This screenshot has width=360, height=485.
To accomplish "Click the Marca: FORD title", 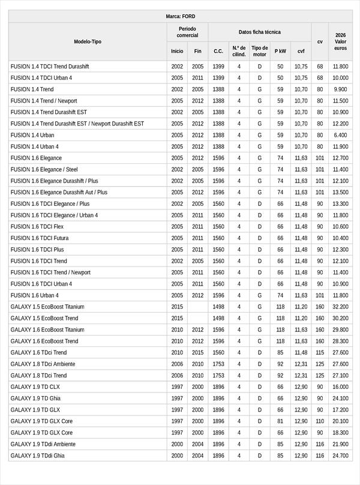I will click(x=180, y=16).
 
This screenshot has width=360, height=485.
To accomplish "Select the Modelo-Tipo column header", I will click(x=88, y=41).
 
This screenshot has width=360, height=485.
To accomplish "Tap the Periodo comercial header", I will click(x=187, y=32).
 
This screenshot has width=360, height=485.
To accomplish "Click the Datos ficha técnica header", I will click(x=259, y=32).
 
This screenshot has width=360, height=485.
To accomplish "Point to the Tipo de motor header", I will click(x=260, y=51).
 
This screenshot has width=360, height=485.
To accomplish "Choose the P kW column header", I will click(x=280, y=51).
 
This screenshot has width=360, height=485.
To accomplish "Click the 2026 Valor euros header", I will click(x=341, y=41).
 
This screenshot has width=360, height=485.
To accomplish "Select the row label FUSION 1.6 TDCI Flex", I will click(x=37, y=227).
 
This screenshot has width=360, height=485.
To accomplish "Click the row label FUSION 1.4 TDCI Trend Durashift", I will click(x=50, y=67).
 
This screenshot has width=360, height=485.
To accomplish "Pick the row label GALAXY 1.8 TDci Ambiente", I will click(x=43, y=364).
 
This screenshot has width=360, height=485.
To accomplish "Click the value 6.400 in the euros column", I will click(x=341, y=135).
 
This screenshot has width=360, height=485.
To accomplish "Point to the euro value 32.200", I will click(x=341, y=307).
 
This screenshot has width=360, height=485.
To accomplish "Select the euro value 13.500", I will click(x=341, y=193).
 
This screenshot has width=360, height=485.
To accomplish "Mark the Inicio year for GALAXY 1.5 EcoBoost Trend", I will click(x=177, y=318).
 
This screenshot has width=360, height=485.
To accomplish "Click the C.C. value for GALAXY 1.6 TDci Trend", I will click(x=218, y=352).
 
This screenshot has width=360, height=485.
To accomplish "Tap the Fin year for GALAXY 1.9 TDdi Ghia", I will click(x=198, y=456).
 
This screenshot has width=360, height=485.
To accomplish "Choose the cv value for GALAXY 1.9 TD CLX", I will click(x=320, y=387).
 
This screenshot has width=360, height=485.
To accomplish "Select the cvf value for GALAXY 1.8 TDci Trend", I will click(x=301, y=376).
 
